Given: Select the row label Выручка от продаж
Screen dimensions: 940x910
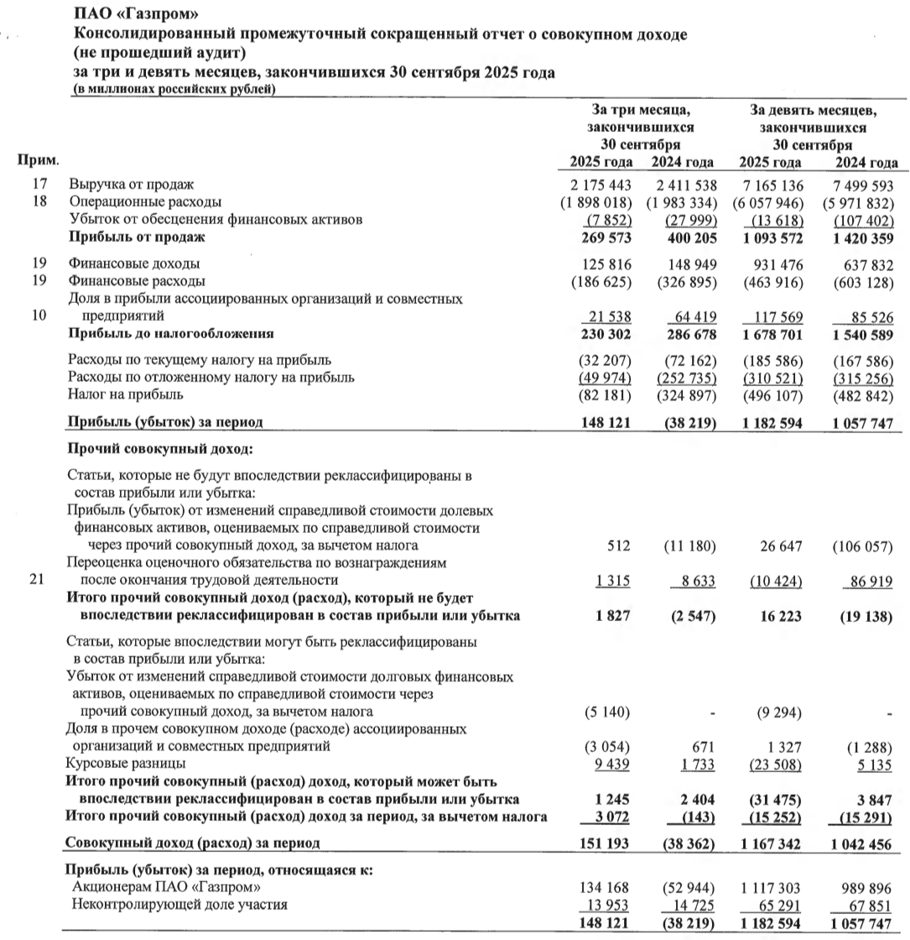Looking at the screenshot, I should pyautogui.click(x=132, y=185).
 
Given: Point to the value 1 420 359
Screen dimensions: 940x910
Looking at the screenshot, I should pyautogui.click(x=863, y=238).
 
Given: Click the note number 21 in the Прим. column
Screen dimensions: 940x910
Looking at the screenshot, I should pyautogui.click(x=34, y=580).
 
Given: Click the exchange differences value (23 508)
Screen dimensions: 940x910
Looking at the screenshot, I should pyautogui.click(x=772, y=763).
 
